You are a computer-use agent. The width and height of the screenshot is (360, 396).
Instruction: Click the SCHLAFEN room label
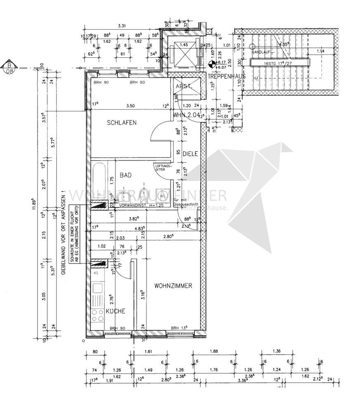point(121,123)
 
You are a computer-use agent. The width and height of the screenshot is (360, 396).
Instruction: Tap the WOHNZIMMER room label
point(173,285)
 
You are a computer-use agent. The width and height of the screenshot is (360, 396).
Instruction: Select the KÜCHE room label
point(115,311)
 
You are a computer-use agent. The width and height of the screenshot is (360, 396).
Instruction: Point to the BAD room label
point(126,175)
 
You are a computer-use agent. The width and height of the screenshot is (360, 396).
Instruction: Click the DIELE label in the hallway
point(190,154)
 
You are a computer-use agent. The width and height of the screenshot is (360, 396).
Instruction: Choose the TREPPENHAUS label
point(227,76)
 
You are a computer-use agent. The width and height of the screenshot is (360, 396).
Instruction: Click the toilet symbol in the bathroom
point(144,194)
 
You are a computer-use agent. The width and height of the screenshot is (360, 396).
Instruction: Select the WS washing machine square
point(163,195)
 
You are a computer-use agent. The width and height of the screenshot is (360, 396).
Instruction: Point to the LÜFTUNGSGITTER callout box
point(160,167)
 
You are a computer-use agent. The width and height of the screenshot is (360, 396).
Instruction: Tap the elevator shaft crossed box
point(184,53)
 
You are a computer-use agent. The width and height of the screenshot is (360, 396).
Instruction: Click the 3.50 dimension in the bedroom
point(130,106)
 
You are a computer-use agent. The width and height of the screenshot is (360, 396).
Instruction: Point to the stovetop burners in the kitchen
point(98,316)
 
